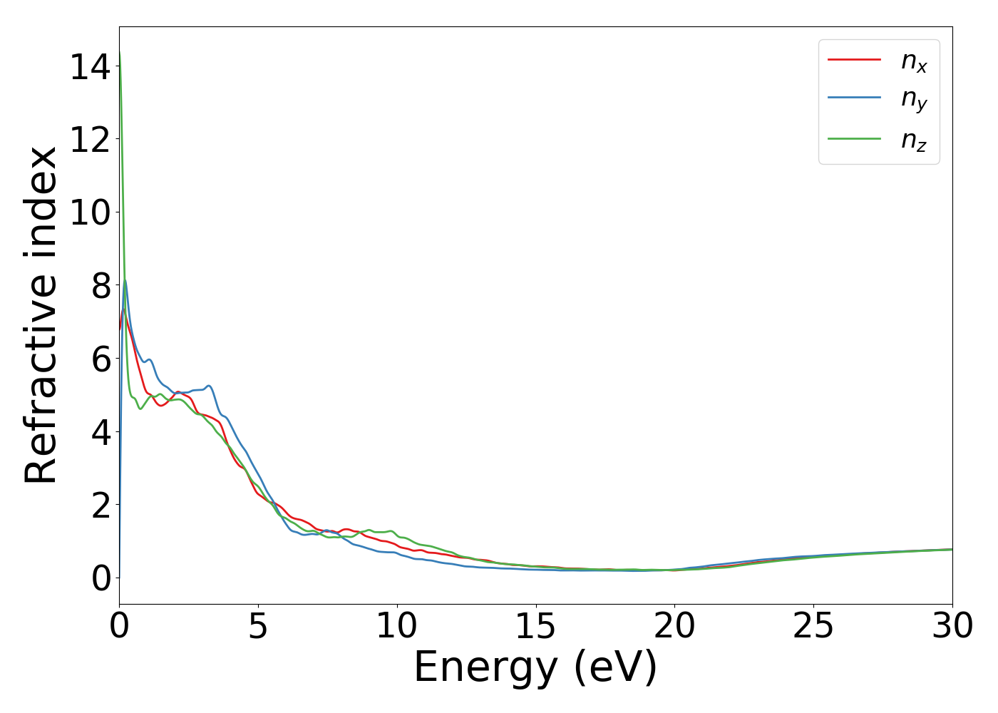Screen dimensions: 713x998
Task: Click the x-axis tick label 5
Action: pos(258,627)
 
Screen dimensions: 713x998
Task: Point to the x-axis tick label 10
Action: pos(396,627)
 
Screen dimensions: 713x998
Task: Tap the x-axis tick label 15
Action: pos(535,627)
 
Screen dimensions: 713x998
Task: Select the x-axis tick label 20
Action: pos(674,627)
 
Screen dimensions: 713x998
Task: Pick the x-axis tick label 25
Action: pos(813,627)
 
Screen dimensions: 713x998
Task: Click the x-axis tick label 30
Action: pos(952,627)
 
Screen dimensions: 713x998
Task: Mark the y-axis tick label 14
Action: pos(90,68)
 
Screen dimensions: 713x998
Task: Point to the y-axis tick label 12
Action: pos(90,140)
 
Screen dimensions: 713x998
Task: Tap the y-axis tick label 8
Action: pos(101,287)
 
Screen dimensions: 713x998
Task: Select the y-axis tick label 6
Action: pos(101,359)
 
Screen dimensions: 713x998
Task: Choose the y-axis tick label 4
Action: pos(101,433)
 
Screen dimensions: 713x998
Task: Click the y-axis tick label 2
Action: pos(101,506)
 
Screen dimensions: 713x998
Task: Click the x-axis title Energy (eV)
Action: pos(535,668)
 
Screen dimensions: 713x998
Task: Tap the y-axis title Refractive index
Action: pos(41,315)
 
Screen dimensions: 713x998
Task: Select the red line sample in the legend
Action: pos(854,60)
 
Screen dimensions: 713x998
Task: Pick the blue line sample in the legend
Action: pos(854,99)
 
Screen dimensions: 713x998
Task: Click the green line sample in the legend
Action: pos(854,138)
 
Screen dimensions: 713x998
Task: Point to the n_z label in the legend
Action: pos(913,140)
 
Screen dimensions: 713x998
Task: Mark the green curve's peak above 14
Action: pos(120,52)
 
